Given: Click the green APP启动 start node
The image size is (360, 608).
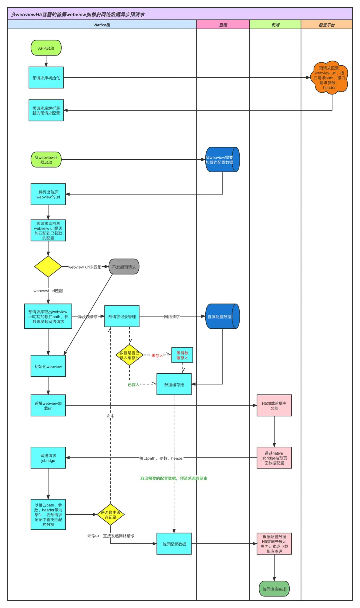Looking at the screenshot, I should [46, 48].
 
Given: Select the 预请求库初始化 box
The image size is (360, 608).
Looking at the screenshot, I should [46, 78].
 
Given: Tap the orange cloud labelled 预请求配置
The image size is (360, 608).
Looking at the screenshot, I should [329, 78].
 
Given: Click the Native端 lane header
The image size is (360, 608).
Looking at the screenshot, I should [102, 25].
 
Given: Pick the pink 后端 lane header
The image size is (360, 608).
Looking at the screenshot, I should [223, 25].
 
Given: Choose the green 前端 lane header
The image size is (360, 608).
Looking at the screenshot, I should [275, 25].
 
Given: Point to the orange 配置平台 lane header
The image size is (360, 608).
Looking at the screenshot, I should [327, 25].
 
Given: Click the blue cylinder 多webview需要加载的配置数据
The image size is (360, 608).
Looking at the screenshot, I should [222, 160].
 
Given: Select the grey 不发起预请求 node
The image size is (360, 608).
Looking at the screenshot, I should [124, 267].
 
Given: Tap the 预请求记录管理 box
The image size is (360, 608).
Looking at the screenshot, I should [122, 316].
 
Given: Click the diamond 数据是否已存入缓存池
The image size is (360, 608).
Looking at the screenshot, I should [129, 355].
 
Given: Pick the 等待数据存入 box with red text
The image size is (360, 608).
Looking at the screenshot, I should [182, 355].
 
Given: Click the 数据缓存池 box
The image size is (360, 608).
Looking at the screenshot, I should [174, 384].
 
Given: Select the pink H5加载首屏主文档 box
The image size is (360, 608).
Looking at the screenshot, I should [274, 405].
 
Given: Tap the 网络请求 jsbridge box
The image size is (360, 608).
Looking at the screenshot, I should [48, 458].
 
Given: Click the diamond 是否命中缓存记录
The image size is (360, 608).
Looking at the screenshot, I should [111, 515].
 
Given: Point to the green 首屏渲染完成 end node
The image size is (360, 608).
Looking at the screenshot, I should [274, 589].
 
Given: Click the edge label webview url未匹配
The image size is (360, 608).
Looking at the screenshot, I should [85, 267].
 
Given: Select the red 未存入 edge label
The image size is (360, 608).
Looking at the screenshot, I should [157, 355].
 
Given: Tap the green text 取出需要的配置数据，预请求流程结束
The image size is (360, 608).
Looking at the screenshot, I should [174, 478].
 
